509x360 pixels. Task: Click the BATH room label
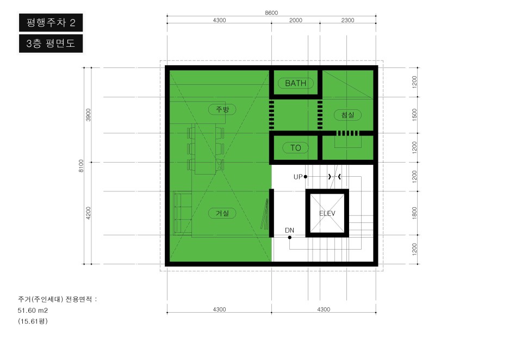click(295, 83)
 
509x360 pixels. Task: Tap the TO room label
click(295, 148)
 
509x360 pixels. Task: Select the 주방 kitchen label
click(222, 109)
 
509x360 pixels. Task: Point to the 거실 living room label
click(222, 213)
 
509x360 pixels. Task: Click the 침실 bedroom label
click(347, 115)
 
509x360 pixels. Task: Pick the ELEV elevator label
click(327, 213)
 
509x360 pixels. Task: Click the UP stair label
click(298, 177)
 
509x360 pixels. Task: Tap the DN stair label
click(289, 230)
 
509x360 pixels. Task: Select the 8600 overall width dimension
click(271, 13)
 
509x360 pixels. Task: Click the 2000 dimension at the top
click(296, 20)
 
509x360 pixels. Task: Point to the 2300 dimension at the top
click(347, 20)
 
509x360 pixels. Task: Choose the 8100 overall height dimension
click(81, 166)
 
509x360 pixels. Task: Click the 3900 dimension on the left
click(88, 115)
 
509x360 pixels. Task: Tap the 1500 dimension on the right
click(414, 115)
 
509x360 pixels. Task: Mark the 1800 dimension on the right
click(414, 213)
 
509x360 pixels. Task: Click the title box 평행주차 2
click(51, 22)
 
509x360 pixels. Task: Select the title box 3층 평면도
click(51, 44)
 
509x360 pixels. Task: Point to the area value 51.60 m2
click(33, 311)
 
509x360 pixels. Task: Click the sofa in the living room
click(182, 213)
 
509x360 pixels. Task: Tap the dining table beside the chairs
click(205, 149)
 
